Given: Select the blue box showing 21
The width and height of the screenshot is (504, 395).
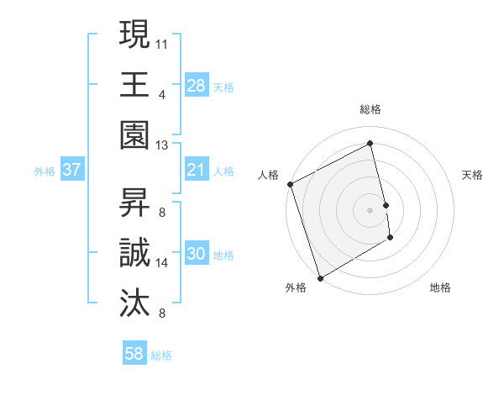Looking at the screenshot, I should coord(196,169).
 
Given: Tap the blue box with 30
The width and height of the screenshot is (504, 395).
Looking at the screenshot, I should coord(196,255).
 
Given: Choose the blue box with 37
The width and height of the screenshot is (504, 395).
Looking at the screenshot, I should coord(71,169).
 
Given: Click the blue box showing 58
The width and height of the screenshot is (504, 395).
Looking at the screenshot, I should coord(134,354).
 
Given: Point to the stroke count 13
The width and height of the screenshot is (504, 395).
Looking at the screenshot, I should coord(162,145).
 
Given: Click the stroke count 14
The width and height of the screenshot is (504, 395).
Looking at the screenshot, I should coord(162,263).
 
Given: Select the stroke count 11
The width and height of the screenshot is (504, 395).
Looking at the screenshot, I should coord(162,43).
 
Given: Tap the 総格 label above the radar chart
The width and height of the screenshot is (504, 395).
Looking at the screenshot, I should coord(370,109).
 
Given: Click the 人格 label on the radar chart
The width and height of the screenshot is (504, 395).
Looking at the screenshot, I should coord(269,175).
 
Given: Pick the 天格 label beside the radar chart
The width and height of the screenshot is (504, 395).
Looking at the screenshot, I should coord(473,175).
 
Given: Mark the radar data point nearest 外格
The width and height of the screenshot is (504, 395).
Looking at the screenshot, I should coord(320,277).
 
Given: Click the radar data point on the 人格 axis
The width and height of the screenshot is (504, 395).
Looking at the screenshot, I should coord(290,184).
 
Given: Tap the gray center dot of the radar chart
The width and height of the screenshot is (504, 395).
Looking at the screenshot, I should coord(370,209).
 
